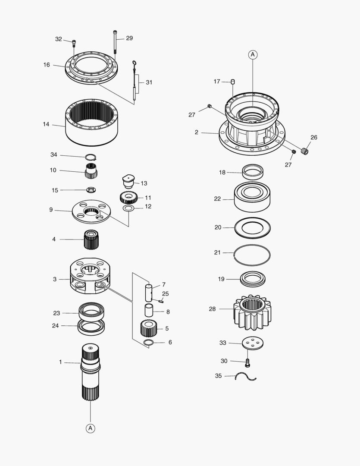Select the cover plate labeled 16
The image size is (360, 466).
pos(91,69)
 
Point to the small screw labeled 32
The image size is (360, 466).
pos(74,43)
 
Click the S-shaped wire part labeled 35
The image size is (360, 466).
pos(246,377)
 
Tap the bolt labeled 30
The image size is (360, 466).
pos(247,363)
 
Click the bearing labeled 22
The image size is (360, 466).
pos(252,198)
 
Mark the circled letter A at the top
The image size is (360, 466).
pos(253,54)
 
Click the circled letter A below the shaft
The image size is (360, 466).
pos(91,428)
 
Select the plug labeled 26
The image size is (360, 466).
pos(306,151)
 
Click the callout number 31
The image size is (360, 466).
pos(149,82)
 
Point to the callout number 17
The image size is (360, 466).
pos(217,81)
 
